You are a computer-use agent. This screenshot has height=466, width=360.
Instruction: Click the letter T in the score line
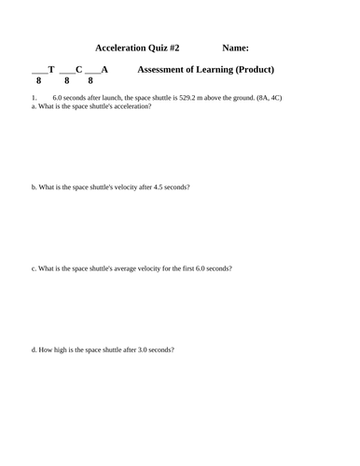click(x=51, y=69)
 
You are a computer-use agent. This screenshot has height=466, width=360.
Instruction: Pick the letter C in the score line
click(x=79, y=69)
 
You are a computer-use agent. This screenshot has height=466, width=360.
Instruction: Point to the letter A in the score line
click(x=105, y=69)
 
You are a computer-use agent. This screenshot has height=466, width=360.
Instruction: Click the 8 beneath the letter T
click(x=39, y=81)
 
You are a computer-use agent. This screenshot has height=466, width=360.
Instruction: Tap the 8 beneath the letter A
click(x=90, y=81)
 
